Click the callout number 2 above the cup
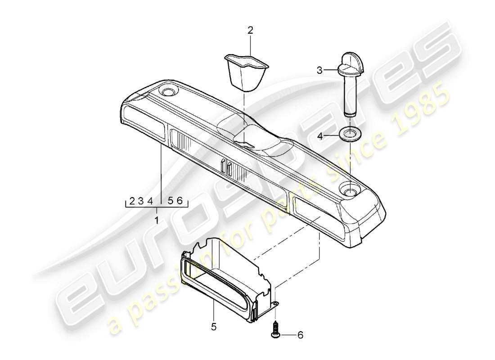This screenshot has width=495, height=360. tap(250, 31)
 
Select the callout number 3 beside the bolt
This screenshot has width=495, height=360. tap(319, 70)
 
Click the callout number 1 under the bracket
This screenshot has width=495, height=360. tap(157, 221)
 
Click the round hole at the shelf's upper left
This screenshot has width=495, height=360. tap(170, 92)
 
